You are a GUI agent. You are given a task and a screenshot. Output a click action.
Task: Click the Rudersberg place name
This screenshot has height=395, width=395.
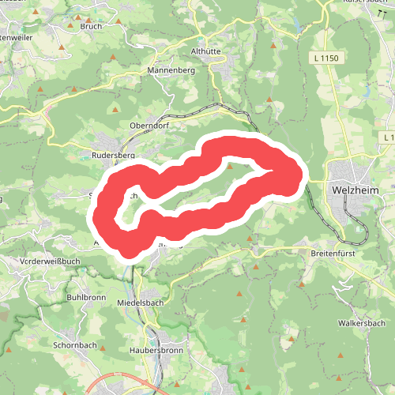pyautogui.click(x=115, y=156)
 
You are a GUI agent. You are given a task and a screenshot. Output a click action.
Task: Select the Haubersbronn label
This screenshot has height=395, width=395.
pyautogui.click(x=151, y=349)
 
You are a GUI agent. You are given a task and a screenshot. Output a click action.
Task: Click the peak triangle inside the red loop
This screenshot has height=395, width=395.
pyautogui.click(x=230, y=166)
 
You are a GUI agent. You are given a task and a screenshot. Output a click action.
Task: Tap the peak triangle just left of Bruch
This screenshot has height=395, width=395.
pyautogui.click(x=70, y=26)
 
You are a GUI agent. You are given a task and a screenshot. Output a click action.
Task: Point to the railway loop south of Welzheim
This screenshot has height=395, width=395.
pyautogui.click(x=359, y=235)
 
